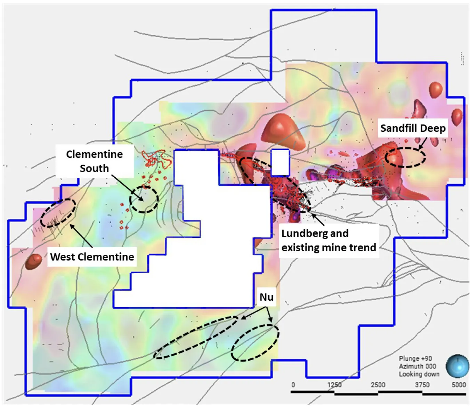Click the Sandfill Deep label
coord(413,128)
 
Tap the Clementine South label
coord(94,161)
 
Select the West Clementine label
coord(92,257)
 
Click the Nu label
coord(266,297)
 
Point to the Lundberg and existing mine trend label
coord(329,240)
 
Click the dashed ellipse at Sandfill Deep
coord(405,157)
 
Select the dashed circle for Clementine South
coord(144,199)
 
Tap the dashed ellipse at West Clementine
coord(58,213)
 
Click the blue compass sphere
coord(457,366)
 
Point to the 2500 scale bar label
coord(378,385)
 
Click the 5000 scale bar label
coord(459,385)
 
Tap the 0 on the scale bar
coord(293,385)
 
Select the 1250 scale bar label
coord(334,385)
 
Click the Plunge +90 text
coord(415,359)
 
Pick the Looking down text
coord(419,374)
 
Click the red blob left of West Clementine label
coord(33,261)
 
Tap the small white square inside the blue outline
coord(280,162)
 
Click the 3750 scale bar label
coord(422,385)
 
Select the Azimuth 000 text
coord(417,366)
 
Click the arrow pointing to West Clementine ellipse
coord(81,235)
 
